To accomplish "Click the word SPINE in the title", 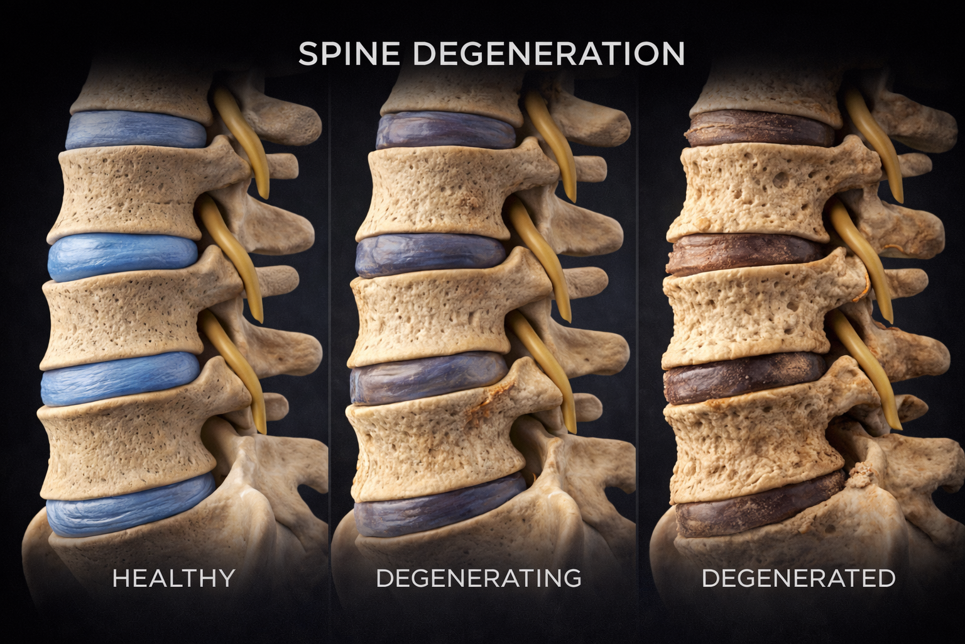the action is tap(349, 54).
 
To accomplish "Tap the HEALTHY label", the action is tap(173, 578).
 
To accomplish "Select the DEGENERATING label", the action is tap(478, 578).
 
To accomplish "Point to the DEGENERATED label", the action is tap(798, 578).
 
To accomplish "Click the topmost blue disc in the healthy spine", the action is tap(135, 131).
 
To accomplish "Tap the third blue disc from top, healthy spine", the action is tap(119, 379).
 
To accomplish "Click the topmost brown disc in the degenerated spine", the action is tap(760, 129).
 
